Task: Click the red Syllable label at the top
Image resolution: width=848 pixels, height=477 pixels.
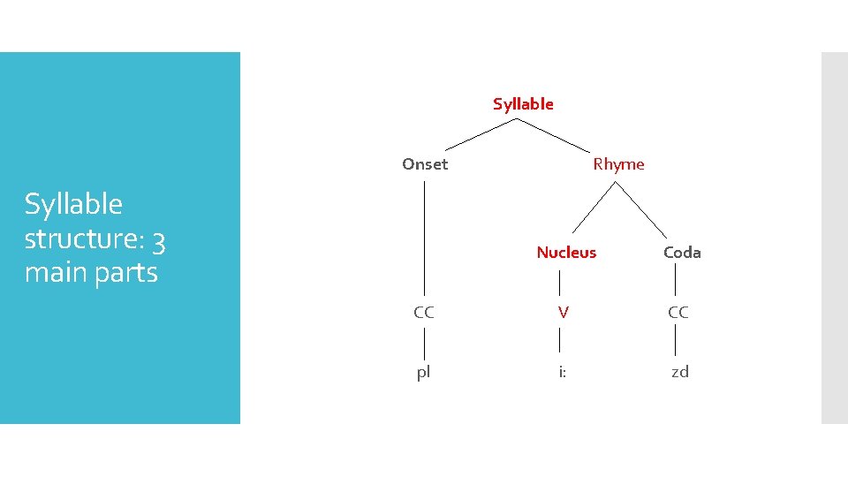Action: [523, 104]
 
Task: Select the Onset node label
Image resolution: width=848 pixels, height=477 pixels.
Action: [425, 164]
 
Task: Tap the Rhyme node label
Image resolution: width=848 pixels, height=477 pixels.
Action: [618, 164]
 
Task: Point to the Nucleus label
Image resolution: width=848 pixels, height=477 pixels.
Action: [566, 253]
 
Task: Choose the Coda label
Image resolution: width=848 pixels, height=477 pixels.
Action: [682, 253]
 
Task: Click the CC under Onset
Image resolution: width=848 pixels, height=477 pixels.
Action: [424, 313]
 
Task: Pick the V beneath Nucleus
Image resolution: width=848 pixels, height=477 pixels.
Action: [562, 313]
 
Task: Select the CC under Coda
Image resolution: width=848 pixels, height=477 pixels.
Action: [678, 313]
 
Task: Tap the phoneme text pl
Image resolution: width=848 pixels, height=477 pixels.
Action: [424, 373]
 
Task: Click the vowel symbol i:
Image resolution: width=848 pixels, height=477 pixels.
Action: [562, 373]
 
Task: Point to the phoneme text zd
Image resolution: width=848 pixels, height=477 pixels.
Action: [679, 373]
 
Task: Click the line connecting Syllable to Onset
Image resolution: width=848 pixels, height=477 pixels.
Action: [480, 133]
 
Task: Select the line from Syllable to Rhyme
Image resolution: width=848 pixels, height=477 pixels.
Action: [552, 133]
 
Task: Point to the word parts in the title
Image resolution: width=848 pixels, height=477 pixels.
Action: [123, 273]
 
